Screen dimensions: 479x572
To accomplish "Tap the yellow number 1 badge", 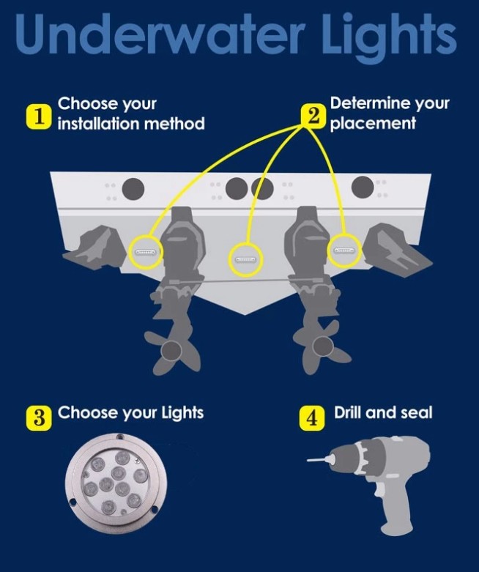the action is (37, 116).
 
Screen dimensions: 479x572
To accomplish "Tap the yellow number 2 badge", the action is (313, 116).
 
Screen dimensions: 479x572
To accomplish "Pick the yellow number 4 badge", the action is (311, 418).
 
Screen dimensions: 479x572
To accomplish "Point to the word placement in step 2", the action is (373, 124).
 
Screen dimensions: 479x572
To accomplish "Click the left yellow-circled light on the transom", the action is (146, 252).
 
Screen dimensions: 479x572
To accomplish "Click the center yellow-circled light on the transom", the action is (245, 260).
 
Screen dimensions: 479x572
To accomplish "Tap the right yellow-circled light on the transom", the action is (344, 250).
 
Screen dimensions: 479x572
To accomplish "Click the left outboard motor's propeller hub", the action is (171, 351).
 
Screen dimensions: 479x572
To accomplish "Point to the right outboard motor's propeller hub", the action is (322, 346).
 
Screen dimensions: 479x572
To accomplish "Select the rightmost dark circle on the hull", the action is (363, 187).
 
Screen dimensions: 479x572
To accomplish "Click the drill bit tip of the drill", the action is (308, 461).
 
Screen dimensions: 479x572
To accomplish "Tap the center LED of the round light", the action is (119, 474).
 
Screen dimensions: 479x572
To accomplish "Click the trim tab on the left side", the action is (96, 248).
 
